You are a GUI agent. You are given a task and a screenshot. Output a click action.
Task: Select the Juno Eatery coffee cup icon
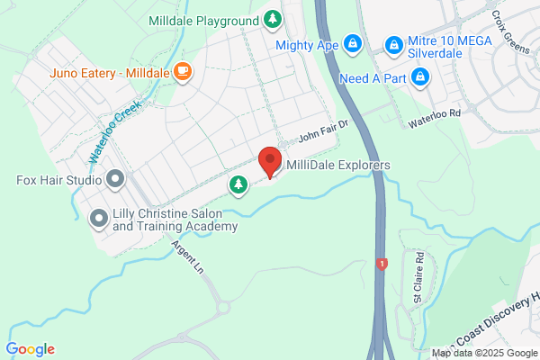[x=183, y=71]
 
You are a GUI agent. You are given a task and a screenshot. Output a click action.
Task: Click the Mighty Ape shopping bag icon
[x=352, y=42]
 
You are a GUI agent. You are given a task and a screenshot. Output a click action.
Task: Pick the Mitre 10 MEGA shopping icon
[x=392, y=44]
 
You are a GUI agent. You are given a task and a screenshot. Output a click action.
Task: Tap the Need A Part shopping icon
[x=419, y=78]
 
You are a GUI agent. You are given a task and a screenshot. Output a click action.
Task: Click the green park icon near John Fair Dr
[x=238, y=184]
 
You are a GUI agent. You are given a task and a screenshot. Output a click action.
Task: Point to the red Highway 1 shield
[x=382, y=264]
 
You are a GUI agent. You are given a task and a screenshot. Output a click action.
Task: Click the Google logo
[x=31, y=349]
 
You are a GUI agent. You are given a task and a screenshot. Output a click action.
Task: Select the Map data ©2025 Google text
[x=484, y=352]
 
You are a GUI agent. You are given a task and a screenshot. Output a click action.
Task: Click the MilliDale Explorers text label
[x=338, y=166]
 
